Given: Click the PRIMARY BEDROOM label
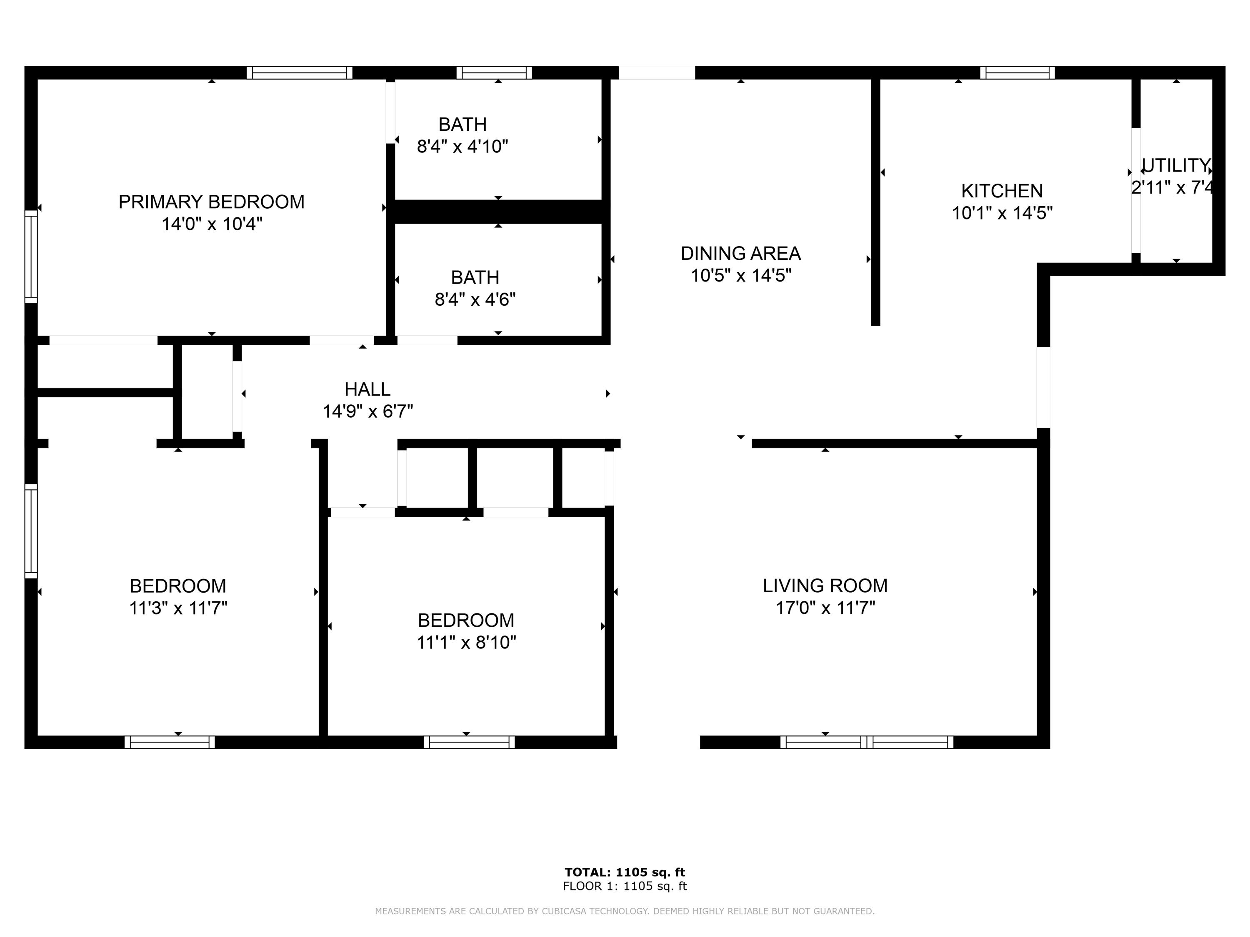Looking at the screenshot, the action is [211, 202].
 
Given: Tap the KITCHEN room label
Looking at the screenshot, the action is [1002, 191].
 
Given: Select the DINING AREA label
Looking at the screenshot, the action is [740, 254].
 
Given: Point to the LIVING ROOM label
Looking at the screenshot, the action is [825, 586].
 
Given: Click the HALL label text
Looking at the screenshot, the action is [367, 389].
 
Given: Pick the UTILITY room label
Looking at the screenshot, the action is [1175, 165].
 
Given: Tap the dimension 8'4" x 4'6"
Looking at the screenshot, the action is [475, 299].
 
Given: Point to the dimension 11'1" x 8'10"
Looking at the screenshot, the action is [466, 643].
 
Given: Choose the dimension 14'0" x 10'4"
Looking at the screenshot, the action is [212, 224].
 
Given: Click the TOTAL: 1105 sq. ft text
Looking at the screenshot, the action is [625, 872].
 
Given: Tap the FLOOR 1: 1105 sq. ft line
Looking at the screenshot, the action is [625, 886].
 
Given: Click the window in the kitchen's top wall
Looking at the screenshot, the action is [1017, 73].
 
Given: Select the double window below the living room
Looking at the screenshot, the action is [866, 742].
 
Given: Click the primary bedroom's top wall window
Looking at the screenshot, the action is [300, 73].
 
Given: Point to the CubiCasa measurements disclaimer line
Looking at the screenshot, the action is [625, 911].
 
